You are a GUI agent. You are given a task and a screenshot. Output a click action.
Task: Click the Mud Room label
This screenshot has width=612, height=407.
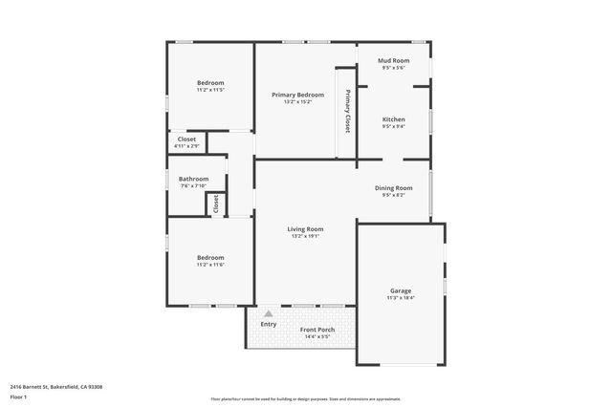point(394,61)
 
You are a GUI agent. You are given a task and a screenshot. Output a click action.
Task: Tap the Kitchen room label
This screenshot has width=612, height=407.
point(394,119)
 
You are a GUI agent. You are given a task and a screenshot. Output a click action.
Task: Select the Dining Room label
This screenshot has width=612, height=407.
point(394,188)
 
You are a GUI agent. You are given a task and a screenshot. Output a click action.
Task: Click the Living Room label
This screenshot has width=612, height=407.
point(306,229)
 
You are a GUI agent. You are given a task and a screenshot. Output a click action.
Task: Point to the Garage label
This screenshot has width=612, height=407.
point(401,290)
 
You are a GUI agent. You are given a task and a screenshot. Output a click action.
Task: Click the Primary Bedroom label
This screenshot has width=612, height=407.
point(297,96)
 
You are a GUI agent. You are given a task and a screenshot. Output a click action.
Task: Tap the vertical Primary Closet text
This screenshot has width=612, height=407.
point(348,110)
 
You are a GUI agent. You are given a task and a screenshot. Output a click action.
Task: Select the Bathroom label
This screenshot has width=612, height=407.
point(193,179)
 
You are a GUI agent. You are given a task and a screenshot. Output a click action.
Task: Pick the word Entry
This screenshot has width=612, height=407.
point(269,324)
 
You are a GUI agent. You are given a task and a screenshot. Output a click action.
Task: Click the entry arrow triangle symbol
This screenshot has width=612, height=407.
point(269,312)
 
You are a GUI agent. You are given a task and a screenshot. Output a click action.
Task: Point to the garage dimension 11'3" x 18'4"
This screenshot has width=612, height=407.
point(401,298)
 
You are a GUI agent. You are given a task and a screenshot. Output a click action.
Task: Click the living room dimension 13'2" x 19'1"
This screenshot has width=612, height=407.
point(306,236)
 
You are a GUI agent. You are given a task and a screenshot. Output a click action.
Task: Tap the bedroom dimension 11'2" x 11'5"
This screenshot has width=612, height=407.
point(210,90)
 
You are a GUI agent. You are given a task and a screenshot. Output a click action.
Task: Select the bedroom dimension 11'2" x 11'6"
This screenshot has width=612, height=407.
point(210,264)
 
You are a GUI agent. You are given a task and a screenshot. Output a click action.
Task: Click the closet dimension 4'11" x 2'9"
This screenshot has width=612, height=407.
point(186,145)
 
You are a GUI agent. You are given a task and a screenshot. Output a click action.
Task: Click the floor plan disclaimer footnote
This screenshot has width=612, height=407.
point(306,397)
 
